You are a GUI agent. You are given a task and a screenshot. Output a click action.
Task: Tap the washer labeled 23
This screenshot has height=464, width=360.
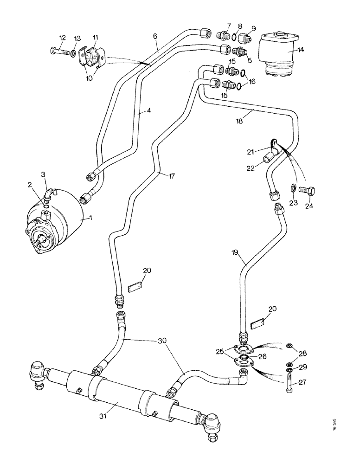coord(294,188)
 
